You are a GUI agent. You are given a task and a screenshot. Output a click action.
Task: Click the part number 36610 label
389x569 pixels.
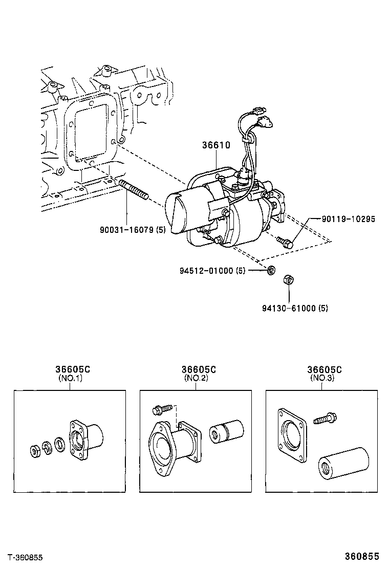coord(215,145)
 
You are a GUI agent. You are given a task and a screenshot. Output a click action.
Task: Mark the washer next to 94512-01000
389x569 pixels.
coord(271,270)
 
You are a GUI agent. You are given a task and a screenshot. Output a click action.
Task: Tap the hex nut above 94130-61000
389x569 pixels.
coord(288,280)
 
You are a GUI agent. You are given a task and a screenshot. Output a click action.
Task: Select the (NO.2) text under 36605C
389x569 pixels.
coord(195,379)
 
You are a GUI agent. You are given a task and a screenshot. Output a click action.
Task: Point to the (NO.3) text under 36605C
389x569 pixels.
coord(321,379)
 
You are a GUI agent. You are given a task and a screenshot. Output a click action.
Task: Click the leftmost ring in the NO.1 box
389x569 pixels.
coord(35,452)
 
